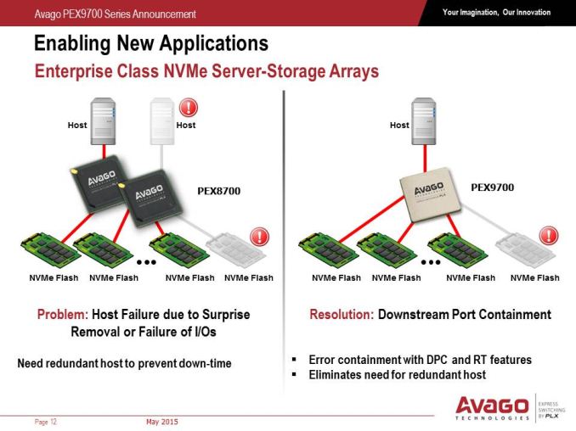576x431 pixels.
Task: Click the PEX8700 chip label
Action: pos(219,191)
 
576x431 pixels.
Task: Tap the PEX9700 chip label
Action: pos(492,188)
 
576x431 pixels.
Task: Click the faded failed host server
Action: pos(162,121)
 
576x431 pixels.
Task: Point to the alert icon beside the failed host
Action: pos(189,108)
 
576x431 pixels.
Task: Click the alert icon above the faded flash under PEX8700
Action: pos(259,236)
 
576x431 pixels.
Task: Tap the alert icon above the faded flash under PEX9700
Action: pos(549,236)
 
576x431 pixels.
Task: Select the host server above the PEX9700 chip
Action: pos(424,121)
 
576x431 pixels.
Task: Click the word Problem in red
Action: pos(63,315)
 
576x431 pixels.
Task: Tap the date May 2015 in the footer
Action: pos(162,422)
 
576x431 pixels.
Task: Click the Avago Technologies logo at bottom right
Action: pos(492,408)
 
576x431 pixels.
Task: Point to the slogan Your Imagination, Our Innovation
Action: pos(497,12)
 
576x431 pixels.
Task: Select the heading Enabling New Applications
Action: pos(151,43)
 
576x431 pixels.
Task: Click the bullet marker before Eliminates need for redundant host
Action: pos(294,374)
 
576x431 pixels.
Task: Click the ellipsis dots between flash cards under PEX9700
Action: pos(431,262)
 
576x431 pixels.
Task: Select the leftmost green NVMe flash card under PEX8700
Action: pos(51,249)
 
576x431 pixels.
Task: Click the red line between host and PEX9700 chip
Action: pos(425,159)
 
